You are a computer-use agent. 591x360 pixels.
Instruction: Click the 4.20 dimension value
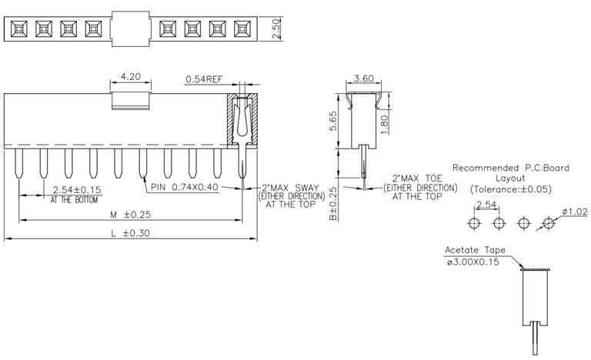(129, 77)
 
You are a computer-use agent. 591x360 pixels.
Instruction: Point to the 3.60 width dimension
(363, 78)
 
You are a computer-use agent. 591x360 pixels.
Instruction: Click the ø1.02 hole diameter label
(574, 212)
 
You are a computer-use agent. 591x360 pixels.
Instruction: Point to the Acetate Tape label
(474, 251)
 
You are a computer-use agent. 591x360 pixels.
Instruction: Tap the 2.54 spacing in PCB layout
(486, 205)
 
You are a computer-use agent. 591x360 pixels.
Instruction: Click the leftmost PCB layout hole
(475, 223)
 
